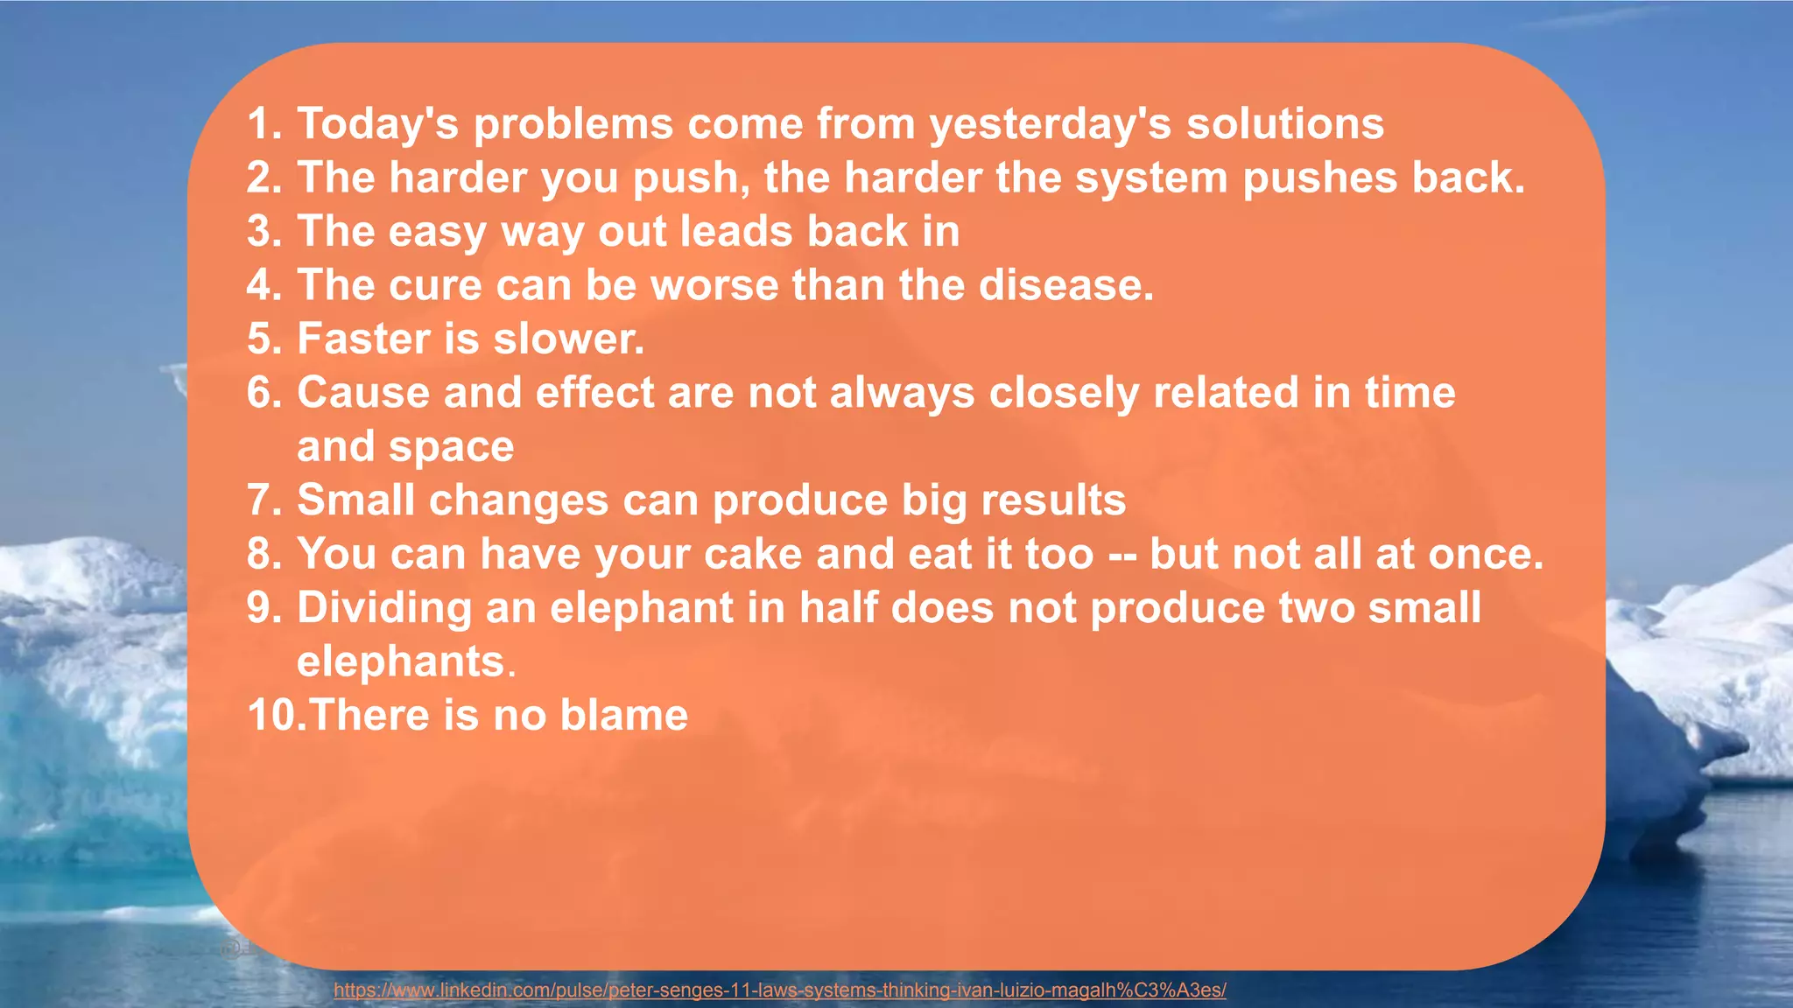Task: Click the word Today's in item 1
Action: [377, 123]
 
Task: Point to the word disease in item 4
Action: [1065, 285]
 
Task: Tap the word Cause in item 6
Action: [363, 393]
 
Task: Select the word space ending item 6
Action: [451, 447]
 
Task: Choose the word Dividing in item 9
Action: [384, 608]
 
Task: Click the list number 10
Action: [274, 716]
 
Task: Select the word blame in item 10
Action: [623, 716]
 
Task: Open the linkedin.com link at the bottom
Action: [779, 990]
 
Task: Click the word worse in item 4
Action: [714, 285]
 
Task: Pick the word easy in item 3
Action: [437, 232]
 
